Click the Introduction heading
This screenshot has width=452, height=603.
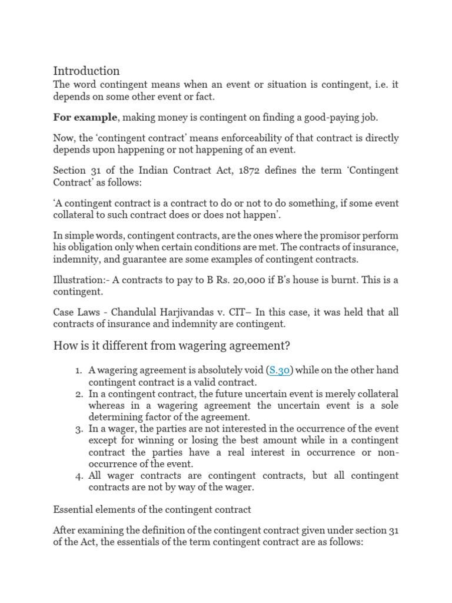86,71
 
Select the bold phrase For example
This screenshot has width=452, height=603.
85,117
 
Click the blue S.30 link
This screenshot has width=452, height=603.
280,370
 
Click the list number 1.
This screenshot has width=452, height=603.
78,370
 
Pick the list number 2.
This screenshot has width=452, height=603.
78,394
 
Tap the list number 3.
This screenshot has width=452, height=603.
78,429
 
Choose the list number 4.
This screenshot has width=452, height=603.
78,476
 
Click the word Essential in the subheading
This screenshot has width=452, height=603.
73,509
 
